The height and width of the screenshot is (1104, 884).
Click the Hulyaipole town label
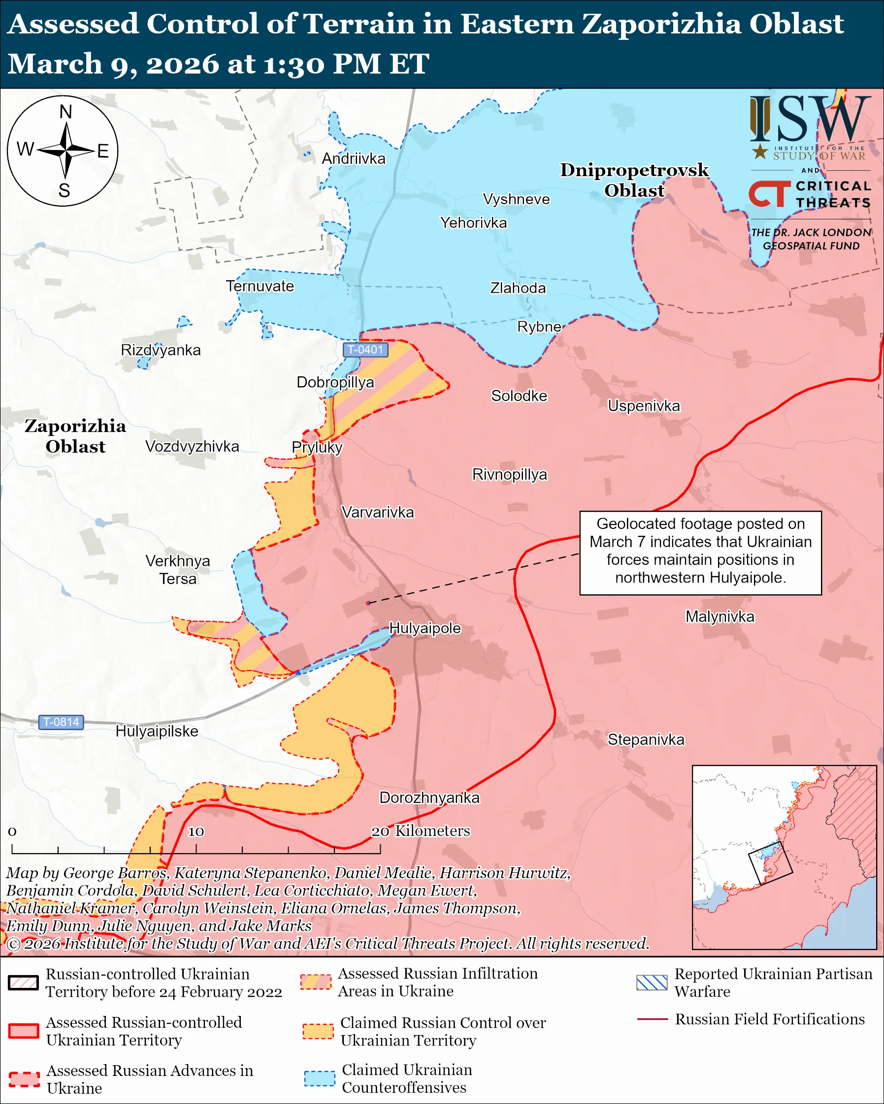click(425, 628)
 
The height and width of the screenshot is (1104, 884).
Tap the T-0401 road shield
click(365, 350)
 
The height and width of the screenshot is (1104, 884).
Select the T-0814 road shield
click(61, 722)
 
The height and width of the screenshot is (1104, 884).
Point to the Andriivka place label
click(354, 159)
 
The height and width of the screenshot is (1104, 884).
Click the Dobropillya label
click(335, 382)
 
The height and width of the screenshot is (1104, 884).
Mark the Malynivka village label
click(720, 616)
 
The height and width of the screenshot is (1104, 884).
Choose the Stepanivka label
click(646, 739)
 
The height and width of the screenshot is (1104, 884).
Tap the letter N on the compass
click(65, 112)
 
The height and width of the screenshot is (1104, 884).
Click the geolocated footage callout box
click(700, 552)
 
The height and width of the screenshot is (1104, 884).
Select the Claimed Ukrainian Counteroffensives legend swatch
click(319, 1078)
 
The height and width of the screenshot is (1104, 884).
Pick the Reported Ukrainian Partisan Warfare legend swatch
click(652, 982)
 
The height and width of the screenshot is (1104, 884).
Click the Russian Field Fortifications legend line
click(652, 1019)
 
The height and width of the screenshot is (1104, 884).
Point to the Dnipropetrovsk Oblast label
click(634, 180)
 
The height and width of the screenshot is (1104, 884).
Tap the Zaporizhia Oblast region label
click(75, 436)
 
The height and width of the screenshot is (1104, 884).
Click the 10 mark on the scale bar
click(196, 831)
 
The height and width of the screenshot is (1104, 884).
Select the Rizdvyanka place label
click(161, 350)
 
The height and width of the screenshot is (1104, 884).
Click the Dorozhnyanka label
click(429, 797)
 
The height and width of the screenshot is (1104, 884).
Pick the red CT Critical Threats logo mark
click(769, 194)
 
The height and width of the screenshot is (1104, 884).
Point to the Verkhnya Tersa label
click(177, 569)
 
